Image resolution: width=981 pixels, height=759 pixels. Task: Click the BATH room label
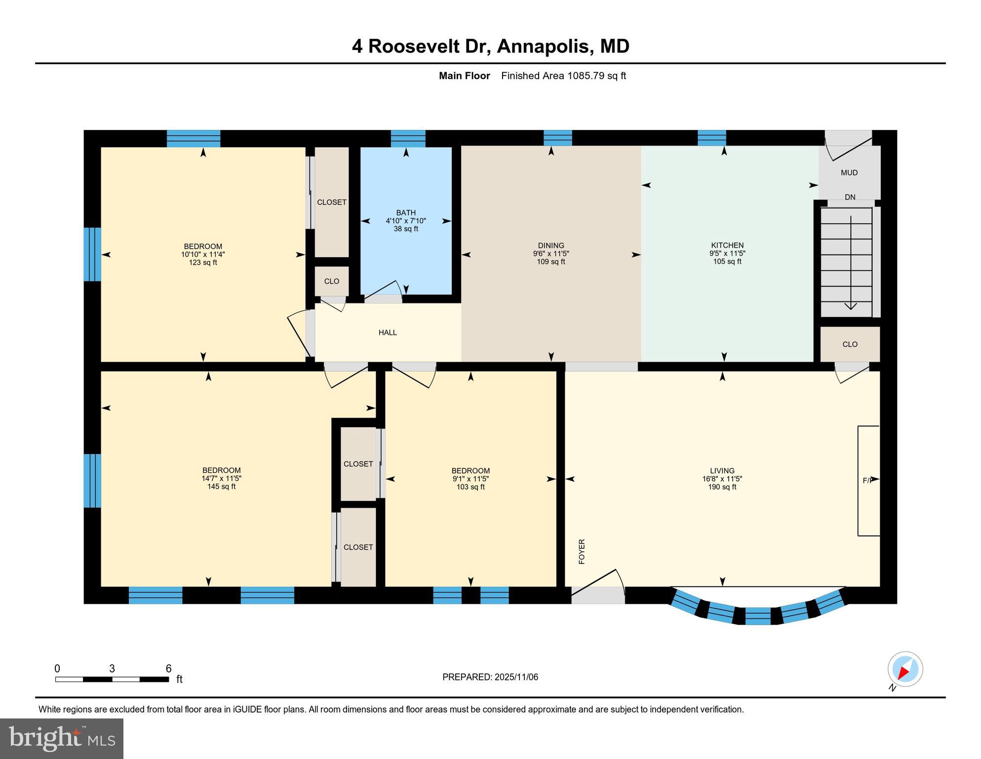[x=406, y=213]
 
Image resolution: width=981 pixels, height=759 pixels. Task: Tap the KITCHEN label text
[x=727, y=245]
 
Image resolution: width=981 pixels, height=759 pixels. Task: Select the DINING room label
[x=551, y=246]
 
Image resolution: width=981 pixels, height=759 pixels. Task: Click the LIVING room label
[x=722, y=471]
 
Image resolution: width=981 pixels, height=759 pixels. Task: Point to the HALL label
[x=388, y=333]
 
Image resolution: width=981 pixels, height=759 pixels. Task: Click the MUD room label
[x=849, y=172]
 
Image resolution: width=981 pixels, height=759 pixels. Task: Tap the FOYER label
[x=582, y=551]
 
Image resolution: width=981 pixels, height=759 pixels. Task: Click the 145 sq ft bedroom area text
[x=221, y=487]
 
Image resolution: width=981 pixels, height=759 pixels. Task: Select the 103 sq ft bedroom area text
[x=471, y=487]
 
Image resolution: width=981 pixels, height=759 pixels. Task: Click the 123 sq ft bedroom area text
[x=203, y=263]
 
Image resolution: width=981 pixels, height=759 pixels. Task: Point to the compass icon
[x=905, y=669]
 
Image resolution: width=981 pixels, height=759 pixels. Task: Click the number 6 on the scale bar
[x=168, y=669]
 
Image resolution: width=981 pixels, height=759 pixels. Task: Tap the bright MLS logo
[x=62, y=738]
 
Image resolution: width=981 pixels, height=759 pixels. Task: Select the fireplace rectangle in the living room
[x=868, y=480]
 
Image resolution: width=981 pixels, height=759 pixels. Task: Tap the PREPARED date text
[x=490, y=677]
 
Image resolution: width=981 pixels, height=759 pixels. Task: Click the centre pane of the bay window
[x=757, y=616]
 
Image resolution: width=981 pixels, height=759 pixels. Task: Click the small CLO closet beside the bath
[x=332, y=281]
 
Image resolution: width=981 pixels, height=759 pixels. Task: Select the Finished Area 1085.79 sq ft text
[x=563, y=76]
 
